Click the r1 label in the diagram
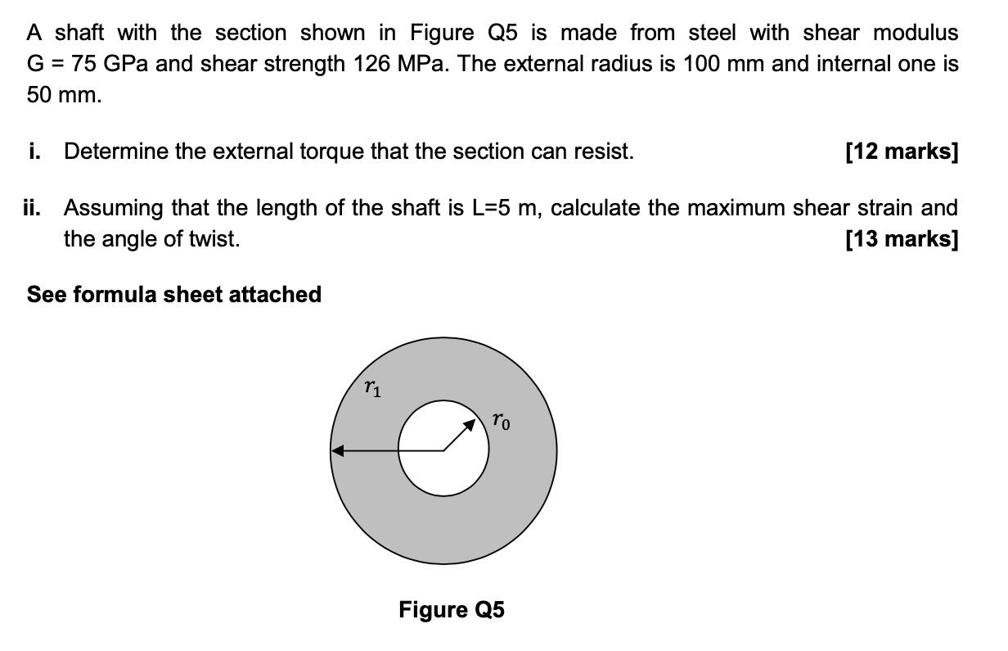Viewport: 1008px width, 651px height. pyautogui.click(x=372, y=388)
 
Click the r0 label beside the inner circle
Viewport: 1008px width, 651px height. pyautogui.click(x=502, y=422)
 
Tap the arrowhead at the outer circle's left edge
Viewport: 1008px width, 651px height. pyautogui.click(x=338, y=450)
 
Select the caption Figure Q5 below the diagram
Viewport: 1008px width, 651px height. pyautogui.click(x=452, y=610)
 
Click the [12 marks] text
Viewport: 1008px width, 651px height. pyautogui.click(x=902, y=151)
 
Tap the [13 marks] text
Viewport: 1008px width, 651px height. pyautogui.click(x=902, y=239)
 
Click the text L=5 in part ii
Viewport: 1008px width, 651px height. pyautogui.click(x=493, y=208)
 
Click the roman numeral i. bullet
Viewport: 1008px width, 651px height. pyautogui.click(x=34, y=151)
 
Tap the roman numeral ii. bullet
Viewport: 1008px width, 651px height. pyautogui.click(x=33, y=208)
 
